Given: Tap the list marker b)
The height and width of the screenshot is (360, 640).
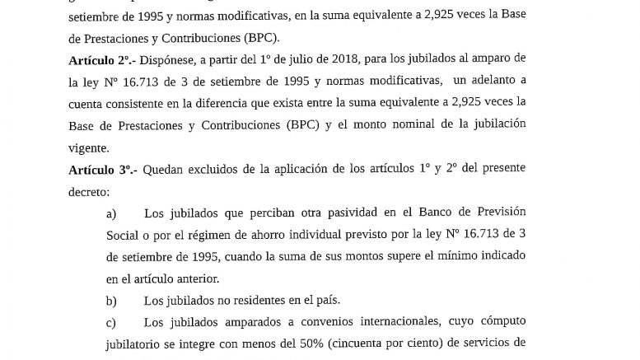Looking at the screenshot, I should click(112, 300).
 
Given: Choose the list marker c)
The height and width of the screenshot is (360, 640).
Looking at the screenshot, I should click(112, 321).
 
